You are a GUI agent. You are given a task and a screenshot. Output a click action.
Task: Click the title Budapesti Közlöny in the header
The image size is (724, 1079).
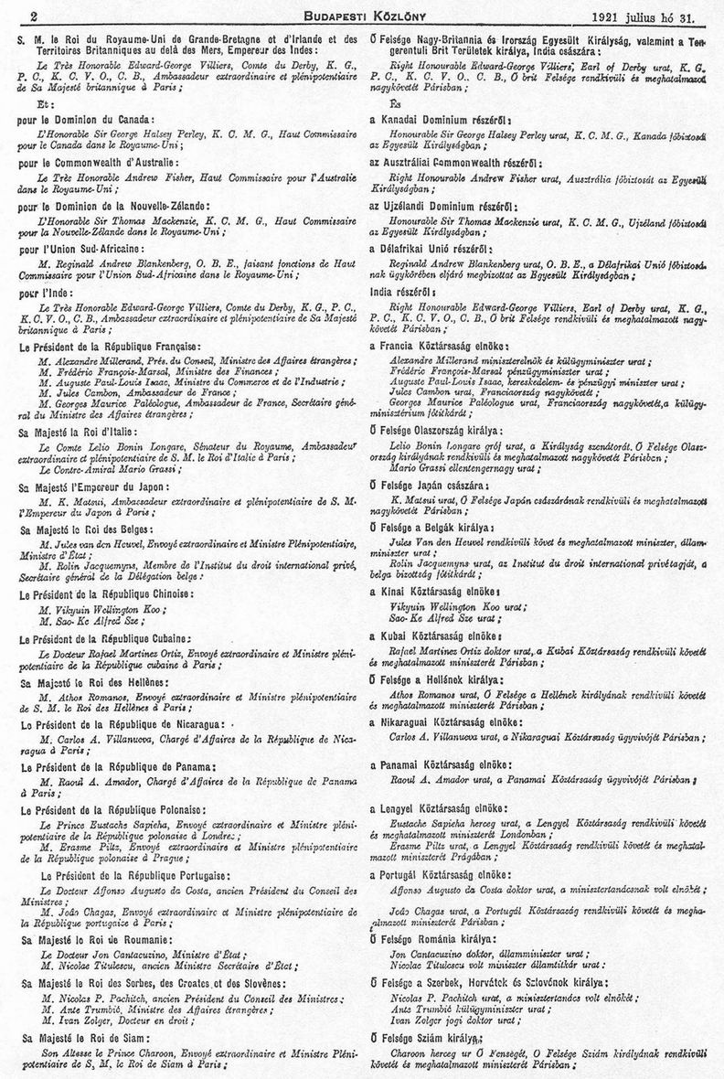[x=361, y=16]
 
